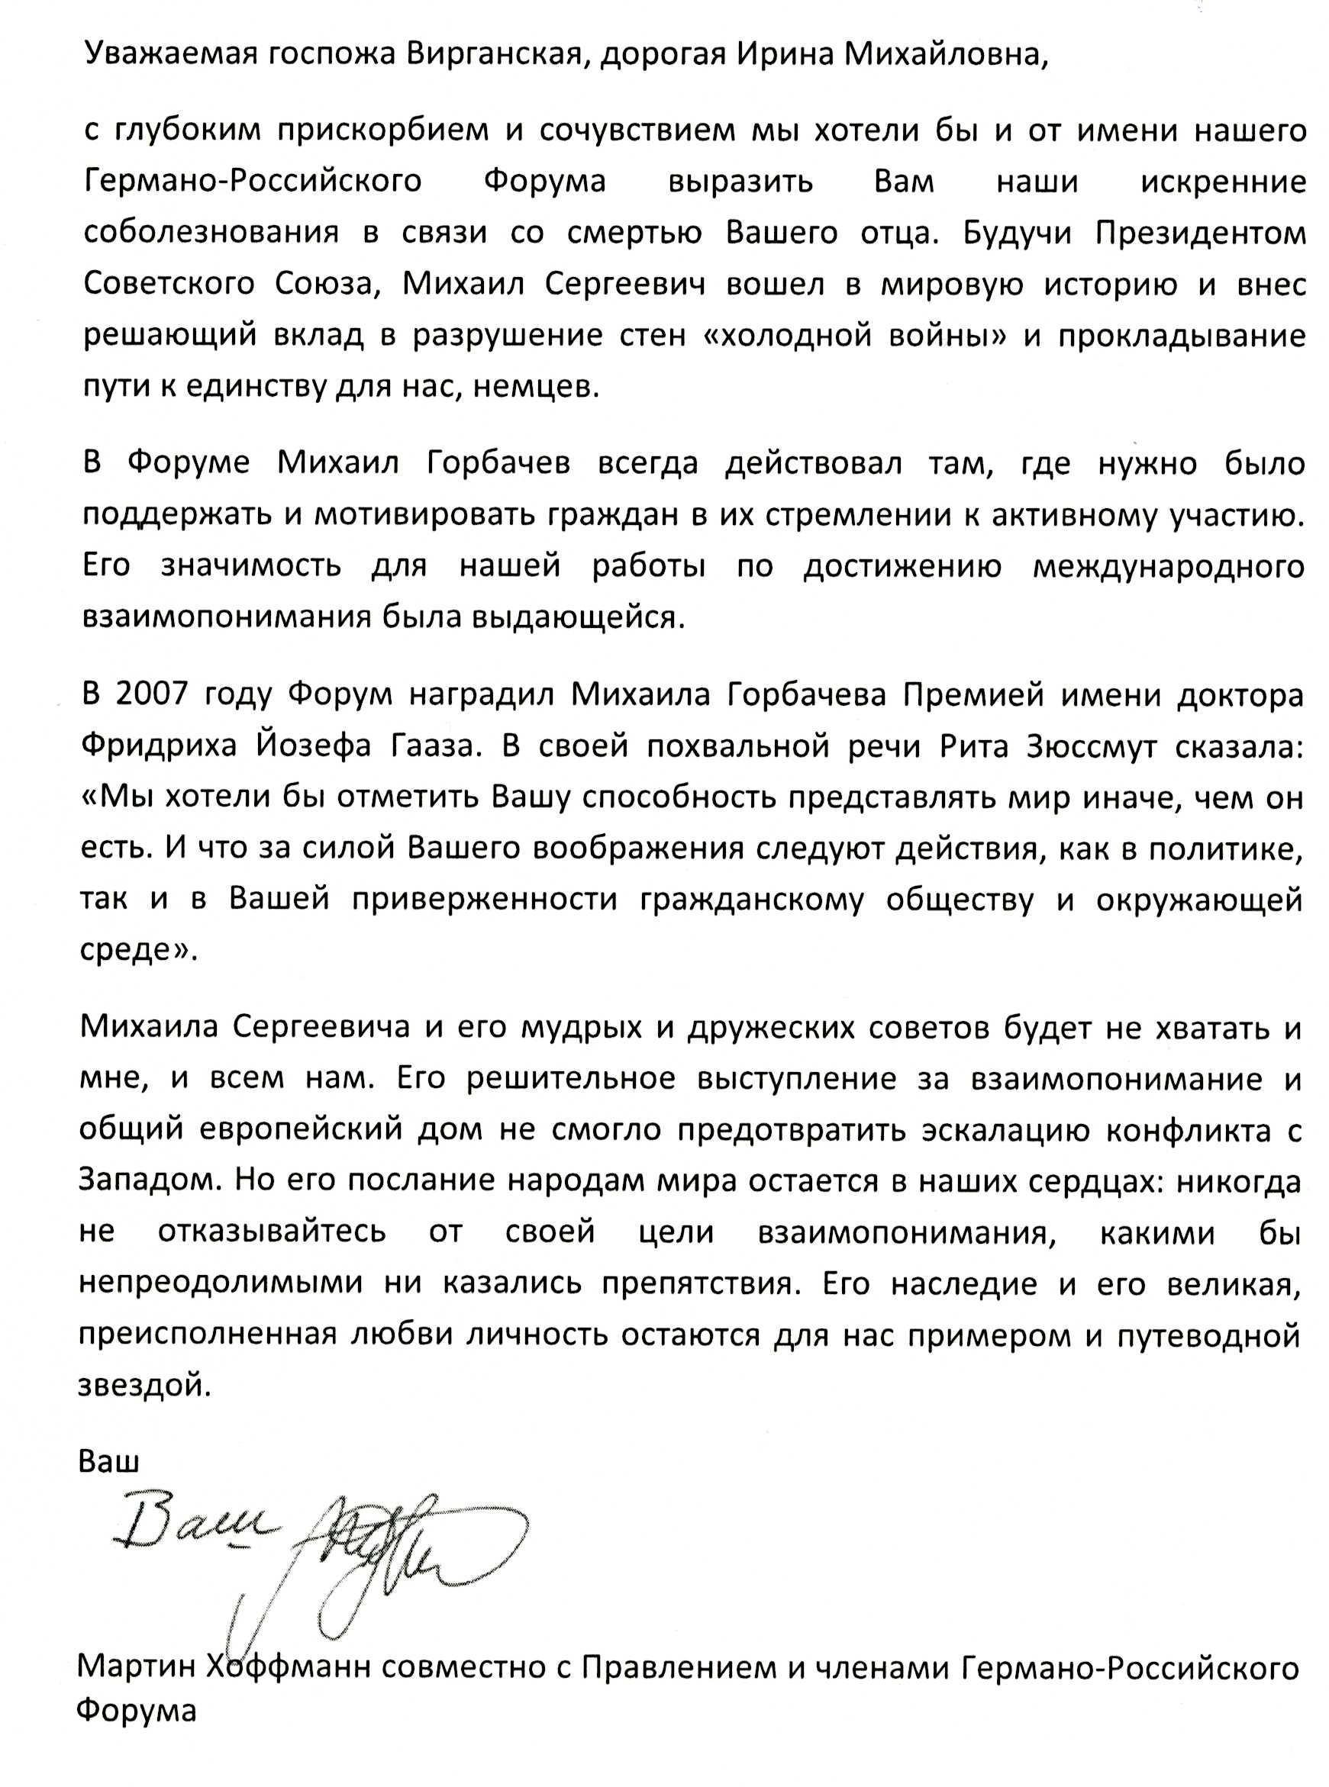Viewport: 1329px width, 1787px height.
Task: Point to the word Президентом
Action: point(1200,233)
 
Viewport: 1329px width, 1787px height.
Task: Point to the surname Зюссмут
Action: point(1092,746)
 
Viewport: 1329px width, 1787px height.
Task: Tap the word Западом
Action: point(148,1181)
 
